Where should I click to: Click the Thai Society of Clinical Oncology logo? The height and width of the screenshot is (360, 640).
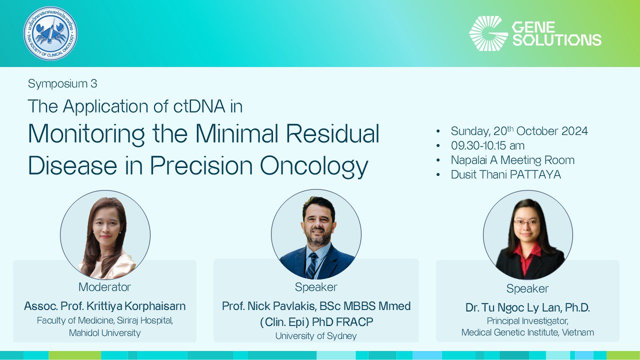(50, 33)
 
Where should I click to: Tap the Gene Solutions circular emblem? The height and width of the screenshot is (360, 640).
(488, 33)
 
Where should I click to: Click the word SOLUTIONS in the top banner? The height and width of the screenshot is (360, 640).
(556, 40)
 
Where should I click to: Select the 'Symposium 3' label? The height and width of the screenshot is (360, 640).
(62, 83)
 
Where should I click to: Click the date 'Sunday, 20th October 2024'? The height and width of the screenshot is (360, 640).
(519, 131)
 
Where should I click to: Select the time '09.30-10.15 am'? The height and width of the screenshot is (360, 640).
(487, 145)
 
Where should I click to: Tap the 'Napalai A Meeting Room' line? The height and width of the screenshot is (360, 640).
(512, 160)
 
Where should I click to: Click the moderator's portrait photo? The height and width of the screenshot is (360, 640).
(105, 234)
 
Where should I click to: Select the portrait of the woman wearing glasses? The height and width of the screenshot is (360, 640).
(527, 235)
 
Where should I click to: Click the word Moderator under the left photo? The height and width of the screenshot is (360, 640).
(104, 287)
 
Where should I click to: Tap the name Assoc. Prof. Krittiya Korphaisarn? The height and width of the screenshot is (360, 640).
(104, 306)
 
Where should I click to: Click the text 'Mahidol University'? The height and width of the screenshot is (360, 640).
(104, 332)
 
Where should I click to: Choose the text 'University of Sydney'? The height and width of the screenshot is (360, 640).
(316, 336)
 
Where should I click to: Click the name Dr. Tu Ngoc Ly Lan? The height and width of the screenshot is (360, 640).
(527, 308)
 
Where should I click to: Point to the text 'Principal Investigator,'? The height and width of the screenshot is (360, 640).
(527, 321)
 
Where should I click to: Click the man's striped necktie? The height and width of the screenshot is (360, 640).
(312, 265)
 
